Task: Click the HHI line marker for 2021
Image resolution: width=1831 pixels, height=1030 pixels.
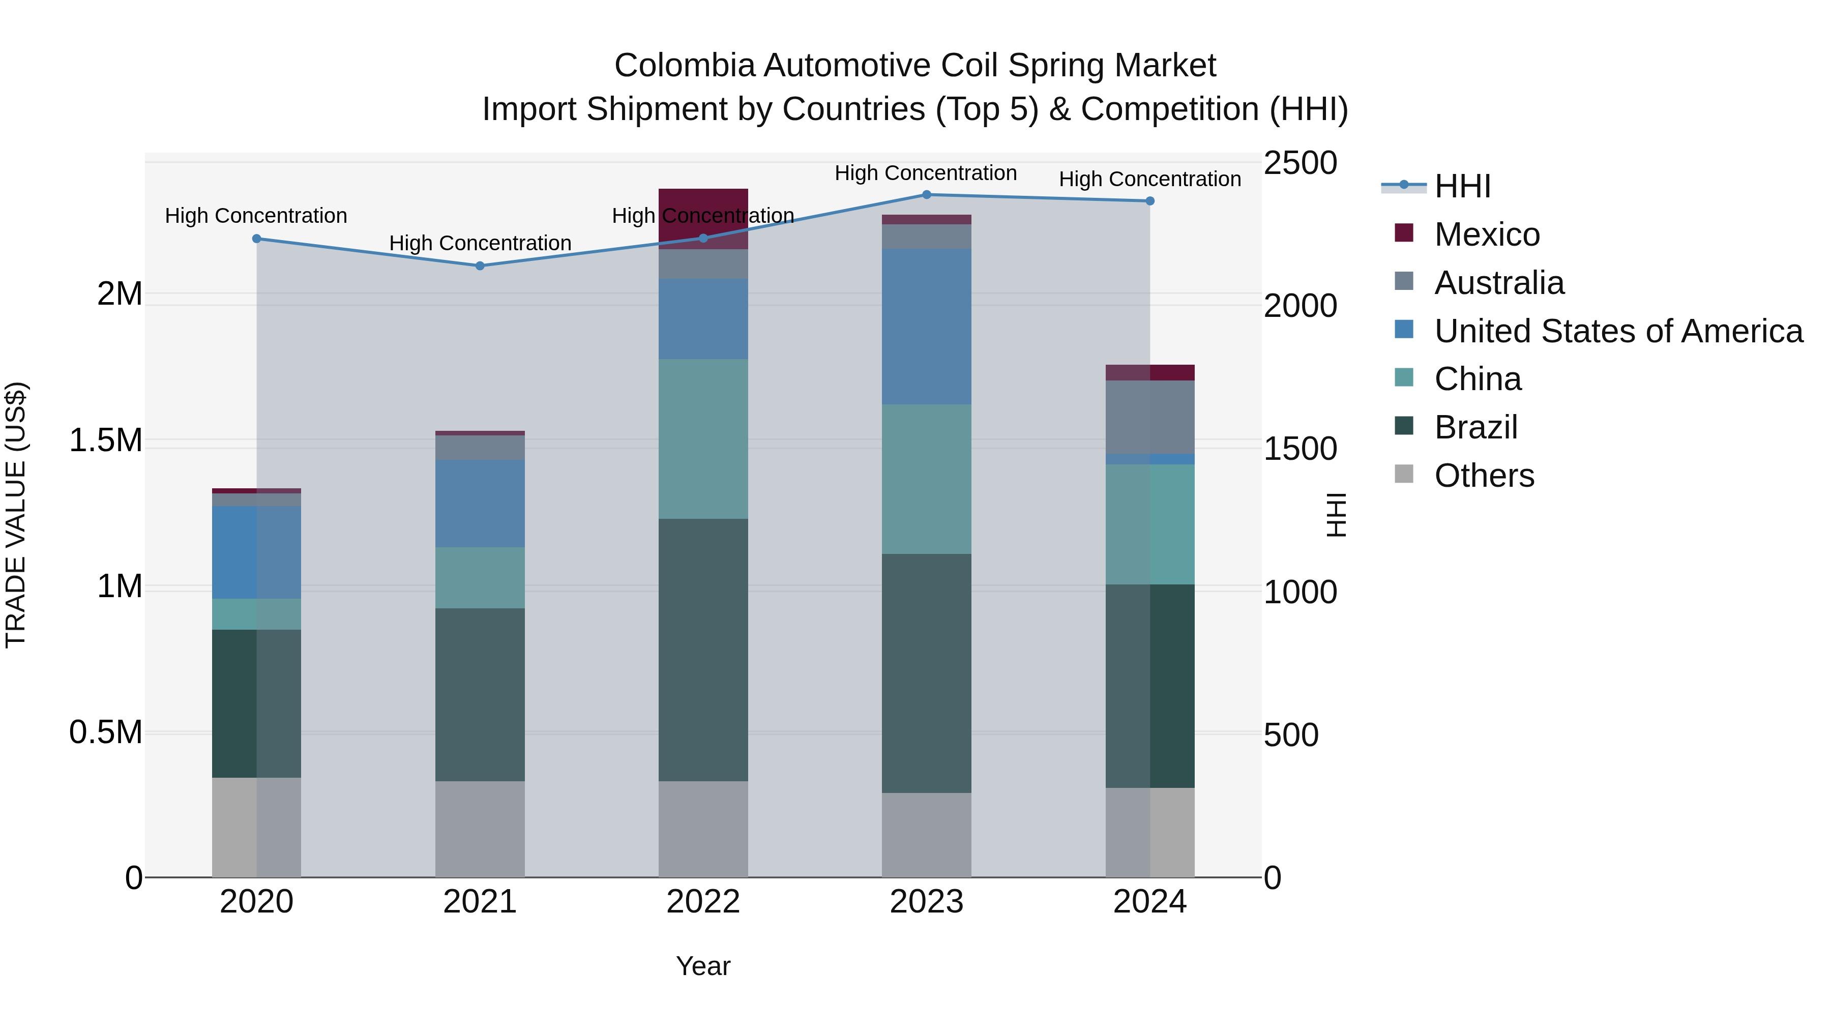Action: coord(480,266)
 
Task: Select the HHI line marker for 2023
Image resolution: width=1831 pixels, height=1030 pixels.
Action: coord(926,195)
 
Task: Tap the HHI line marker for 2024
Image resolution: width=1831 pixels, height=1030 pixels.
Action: coord(1149,201)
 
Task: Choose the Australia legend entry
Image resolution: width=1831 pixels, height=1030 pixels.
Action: coord(1498,283)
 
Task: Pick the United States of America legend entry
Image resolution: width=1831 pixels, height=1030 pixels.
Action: coord(1618,331)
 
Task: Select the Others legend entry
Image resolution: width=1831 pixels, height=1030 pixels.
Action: coord(1484,476)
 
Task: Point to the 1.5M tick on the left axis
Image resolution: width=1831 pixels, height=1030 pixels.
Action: coord(105,440)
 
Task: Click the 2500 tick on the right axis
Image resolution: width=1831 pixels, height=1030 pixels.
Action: coord(1300,163)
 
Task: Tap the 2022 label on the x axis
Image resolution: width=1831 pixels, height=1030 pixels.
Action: coord(703,902)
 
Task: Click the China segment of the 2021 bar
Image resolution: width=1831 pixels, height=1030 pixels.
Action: coord(480,577)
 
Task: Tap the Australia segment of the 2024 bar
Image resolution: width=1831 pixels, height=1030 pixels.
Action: coord(1149,417)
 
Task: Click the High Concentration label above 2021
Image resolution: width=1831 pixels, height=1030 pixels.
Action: coord(480,243)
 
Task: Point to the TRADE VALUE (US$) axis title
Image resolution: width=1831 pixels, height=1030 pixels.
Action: coord(16,515)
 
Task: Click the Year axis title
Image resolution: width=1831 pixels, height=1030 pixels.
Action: coord(703,966)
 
